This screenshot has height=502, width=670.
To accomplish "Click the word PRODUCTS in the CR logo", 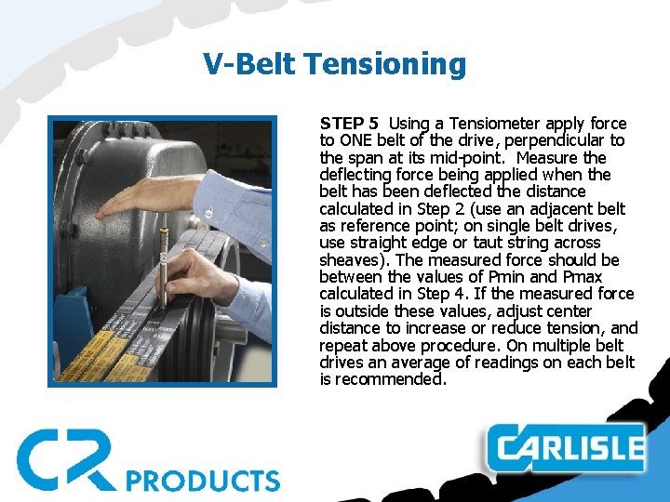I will (x=202, y=480).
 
